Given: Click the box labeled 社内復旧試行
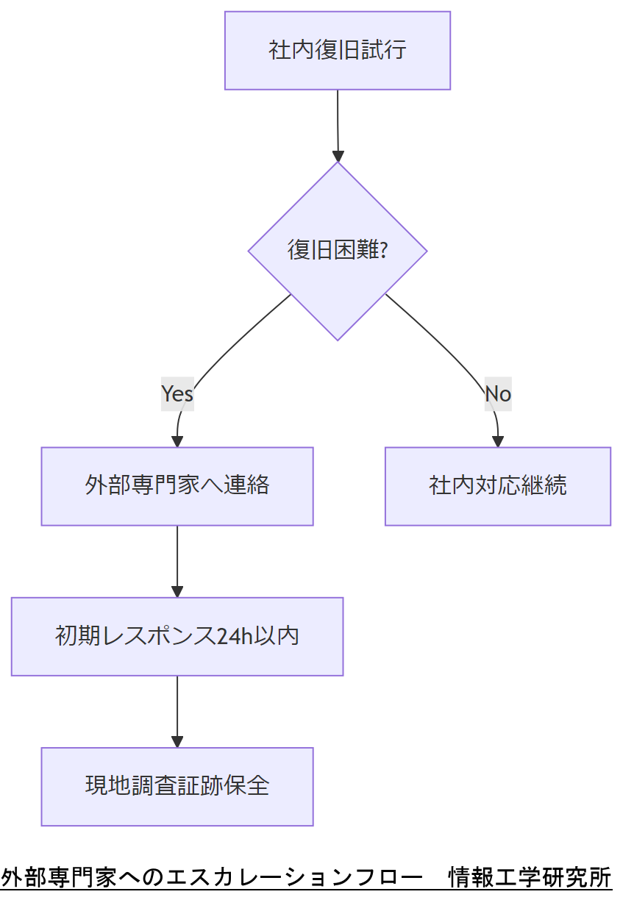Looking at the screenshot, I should tap(338, 51).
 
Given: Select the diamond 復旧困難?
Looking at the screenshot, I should tap(338, 251).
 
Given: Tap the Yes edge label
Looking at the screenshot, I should tap(177, 394).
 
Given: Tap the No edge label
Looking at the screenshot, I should tap(498, 394).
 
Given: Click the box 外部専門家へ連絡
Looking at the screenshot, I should tap(177, 486).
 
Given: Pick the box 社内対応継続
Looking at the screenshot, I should tap(498, 486).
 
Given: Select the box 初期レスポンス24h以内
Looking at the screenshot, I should tap(177, 636).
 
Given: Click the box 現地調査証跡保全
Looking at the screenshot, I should tap(177, 786).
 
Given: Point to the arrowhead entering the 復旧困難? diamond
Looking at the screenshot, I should tap(338, 156).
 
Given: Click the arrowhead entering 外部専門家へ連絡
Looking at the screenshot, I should tap(177, 441).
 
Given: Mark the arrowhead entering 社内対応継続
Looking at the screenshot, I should tap(498, 441).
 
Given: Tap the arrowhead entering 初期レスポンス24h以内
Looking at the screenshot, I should tap(177, 591).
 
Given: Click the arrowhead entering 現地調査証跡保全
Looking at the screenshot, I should tap(177, 741).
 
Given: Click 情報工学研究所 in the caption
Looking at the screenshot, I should tap(530, 877).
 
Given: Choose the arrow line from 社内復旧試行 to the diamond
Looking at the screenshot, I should tap(338, 121).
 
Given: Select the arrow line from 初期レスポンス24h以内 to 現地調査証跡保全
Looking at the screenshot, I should tap(177, 706).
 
